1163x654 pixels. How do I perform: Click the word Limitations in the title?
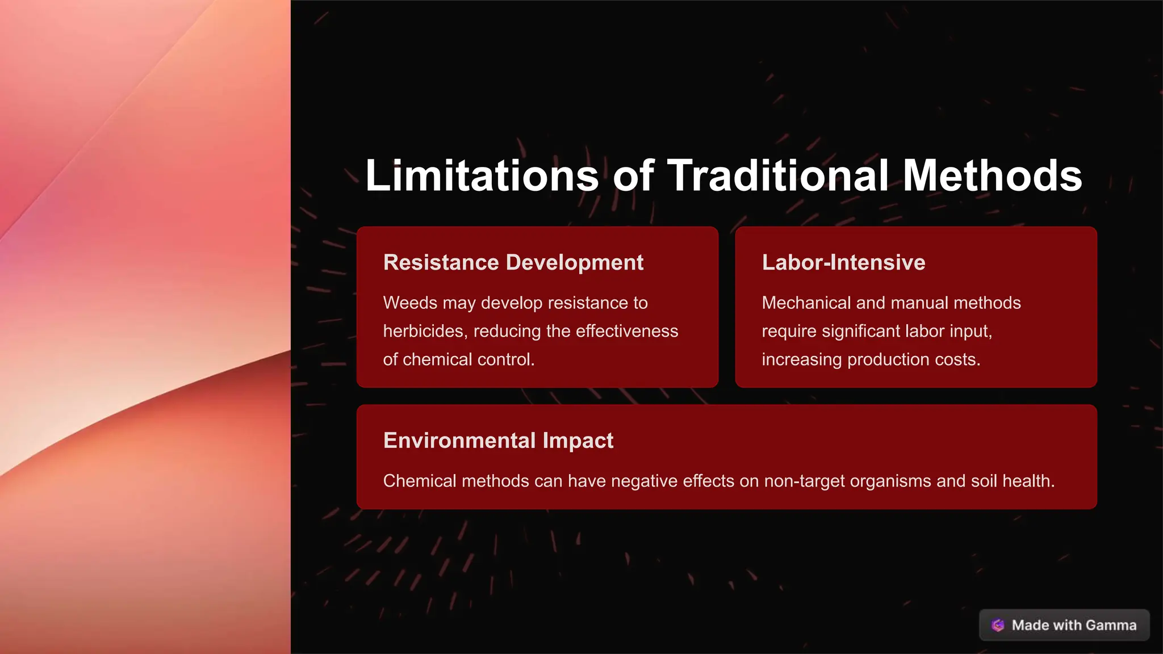[x=482, y=175]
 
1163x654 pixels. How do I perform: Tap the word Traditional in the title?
[x=778, y=175]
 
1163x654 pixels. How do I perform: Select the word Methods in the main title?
[x=992, y=175]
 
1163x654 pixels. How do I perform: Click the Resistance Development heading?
[x=513, y=262]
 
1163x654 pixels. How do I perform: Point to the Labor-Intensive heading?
[x=843, y=262]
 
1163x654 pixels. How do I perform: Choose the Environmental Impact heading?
[x=498, y=441]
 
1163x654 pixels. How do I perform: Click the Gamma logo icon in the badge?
[x=998, y=625]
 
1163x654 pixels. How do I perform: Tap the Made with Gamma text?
[x=1074, y=625]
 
